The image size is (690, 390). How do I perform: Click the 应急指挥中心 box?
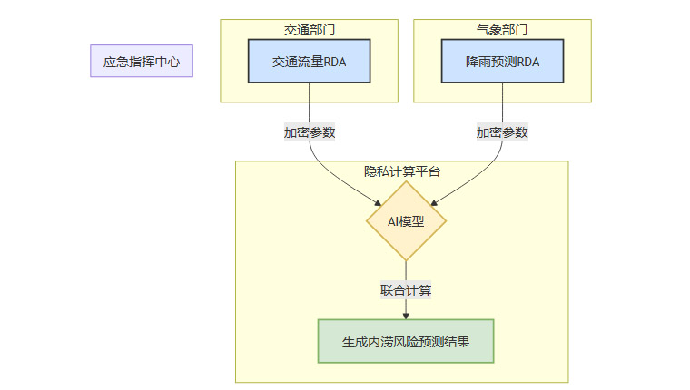pyautogui.click(x=142, y=62)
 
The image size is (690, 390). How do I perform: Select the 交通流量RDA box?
pyautogui.click(x=309, y=62)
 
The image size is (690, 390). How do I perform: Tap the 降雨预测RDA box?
pyautogui.click(x=502, y=62)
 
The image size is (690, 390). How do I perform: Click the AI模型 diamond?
pyautogui.click(x=406, y=220)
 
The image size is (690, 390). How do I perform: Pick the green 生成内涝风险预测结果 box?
pyautogui.click(x=406, y=341)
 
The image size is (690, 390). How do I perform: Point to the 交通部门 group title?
pyautogui.click(x=309, y=29)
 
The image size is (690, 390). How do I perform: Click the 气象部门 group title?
pyautogui.click(x=502, y=29)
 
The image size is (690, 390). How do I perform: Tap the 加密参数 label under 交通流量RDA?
pyautogui.click(x=309, y=132)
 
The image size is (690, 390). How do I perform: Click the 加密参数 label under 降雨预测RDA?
pyautogui.click(x=502, y=132)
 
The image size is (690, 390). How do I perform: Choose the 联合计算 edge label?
pyautogui.click(x=406, y=291)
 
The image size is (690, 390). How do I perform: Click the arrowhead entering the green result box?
pyautogui.click(x=406, y=316)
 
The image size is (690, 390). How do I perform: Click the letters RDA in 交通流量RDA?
pyautogui.click(x=333, y=62)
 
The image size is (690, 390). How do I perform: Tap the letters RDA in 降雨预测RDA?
pyautogui.click(x=527, y=62)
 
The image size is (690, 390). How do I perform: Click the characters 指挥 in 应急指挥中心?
pyautogui.click(x=142, y=62)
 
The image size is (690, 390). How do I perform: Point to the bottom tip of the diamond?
pyautogui.click(x=406, y=260)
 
